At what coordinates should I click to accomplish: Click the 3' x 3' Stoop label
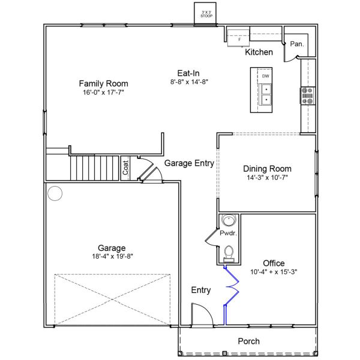tap(206, 14)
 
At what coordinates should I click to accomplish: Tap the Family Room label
tap(104, 83)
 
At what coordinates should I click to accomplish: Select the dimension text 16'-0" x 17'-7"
tap(103, 92)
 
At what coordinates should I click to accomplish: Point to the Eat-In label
tap(188, 73)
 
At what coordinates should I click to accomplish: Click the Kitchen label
tap(259, 52)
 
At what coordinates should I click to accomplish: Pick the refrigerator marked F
tap(238, 38)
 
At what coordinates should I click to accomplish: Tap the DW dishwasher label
tap(265, 76)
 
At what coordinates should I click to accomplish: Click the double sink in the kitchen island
tap(265, 94)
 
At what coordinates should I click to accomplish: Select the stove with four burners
tap(308, 95)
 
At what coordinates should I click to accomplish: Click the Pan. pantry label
tap(297, 44)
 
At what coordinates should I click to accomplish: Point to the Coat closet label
tap(125, 168)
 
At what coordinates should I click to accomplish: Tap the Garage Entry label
tap(189, 163)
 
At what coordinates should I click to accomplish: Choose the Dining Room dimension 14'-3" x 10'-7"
tap(267, 178)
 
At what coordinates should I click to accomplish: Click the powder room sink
tap(229, 220)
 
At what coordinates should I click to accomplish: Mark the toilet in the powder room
tap(229, 254)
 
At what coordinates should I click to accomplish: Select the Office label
tap(274, 263)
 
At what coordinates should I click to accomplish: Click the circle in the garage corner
tap(55, 193)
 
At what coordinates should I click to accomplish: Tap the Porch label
tap(248, 341)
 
